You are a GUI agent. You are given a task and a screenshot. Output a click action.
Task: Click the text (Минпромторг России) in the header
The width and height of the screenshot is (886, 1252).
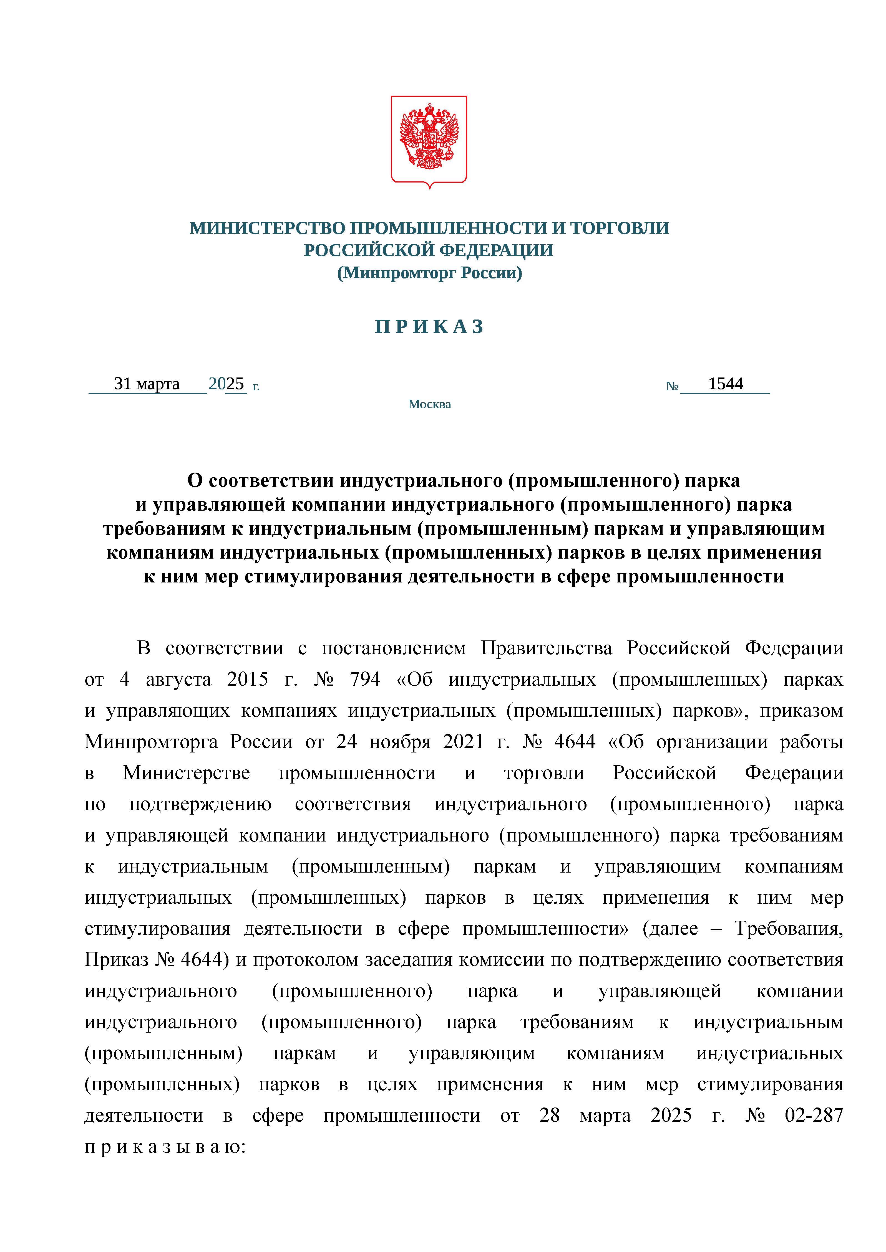pyautogui.click(x=429, y=273)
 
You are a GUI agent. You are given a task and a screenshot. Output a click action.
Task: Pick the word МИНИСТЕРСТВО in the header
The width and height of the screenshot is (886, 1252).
pyautogui.click(x=267, y=228)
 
